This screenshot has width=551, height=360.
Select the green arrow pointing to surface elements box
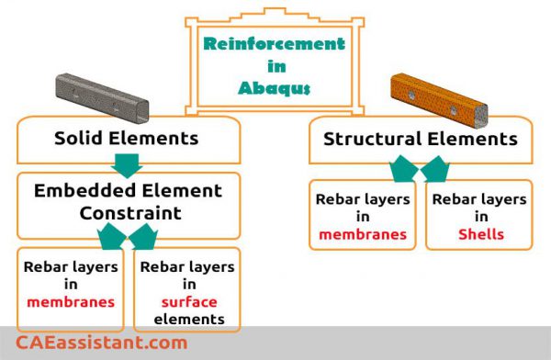tap(145, 238)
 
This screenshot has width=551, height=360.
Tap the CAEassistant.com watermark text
tap(101, 343)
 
